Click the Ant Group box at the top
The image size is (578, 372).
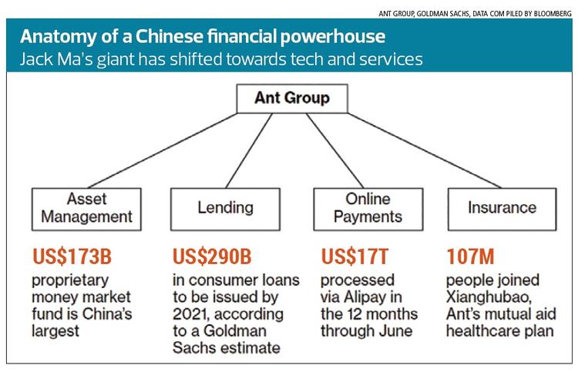(x=291, y=99)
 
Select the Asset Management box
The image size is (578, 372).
(x=87, y=208)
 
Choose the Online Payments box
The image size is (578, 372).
(x=358, y=208)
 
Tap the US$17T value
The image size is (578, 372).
(x=352, y=256)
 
